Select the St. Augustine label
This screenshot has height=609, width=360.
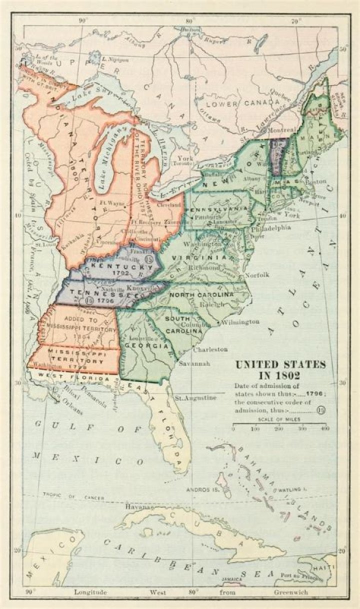(x=195, y=398)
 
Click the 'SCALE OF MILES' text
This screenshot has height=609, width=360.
(x=279, y=419)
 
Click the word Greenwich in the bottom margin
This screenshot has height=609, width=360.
(x=290, y=592)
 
